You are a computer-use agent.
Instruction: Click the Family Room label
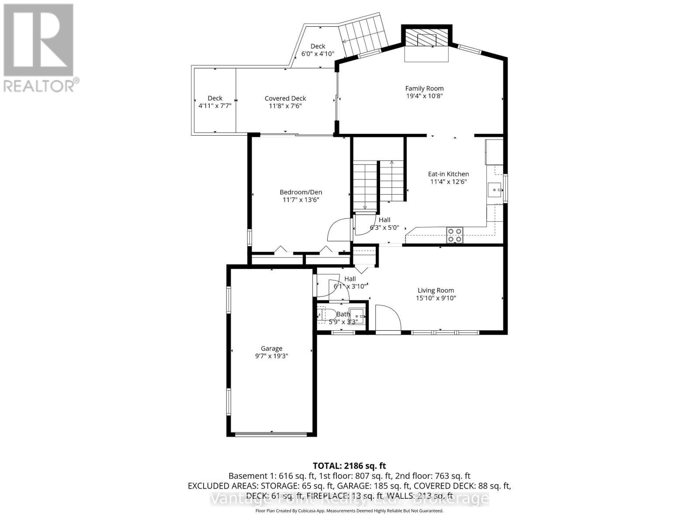click(424, 88)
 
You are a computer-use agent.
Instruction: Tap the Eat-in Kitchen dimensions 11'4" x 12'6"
click(448, 182)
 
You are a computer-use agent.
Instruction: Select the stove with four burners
click(454, 235)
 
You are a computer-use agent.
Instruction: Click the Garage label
click(271, 349)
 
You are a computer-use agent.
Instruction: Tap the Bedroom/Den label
click(301, 192)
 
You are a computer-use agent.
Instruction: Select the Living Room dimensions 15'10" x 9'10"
click(436, 298)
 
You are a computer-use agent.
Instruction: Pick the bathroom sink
click(359, 315)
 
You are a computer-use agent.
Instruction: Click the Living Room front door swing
click(388, 318)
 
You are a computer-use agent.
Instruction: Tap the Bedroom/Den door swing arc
click(339, 229)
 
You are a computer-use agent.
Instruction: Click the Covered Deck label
click(285, 98)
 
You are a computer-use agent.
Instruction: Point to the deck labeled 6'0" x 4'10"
click(318, 50)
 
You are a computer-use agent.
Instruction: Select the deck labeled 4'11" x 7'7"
click(215, 101)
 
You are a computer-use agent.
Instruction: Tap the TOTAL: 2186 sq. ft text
click(349, 466)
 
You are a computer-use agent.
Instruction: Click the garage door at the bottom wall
click(271, 434)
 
